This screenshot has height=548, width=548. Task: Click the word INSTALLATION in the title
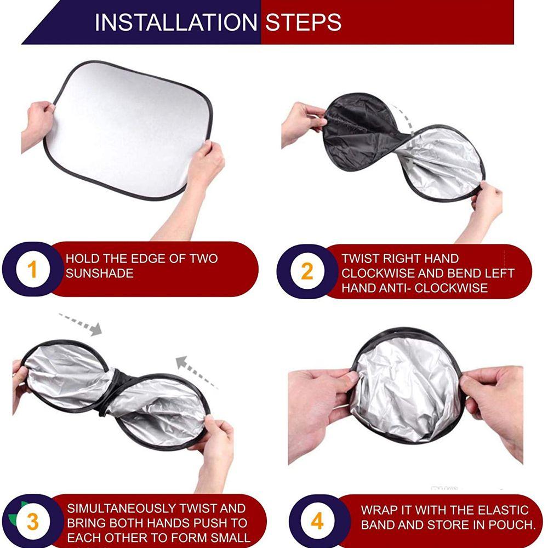(x=176, y=22)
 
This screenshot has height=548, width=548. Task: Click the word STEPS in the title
(x=304, y=22)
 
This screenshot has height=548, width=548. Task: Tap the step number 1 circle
(x=32, y=270)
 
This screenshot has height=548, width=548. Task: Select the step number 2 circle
(x=307, y=272)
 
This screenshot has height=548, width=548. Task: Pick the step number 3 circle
(x=32, y=522)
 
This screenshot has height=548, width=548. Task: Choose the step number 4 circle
(x=317, y=521)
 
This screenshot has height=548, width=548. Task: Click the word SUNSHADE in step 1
(x=99, y=273)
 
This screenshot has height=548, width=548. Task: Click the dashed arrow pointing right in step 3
(x=81, y=323)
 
